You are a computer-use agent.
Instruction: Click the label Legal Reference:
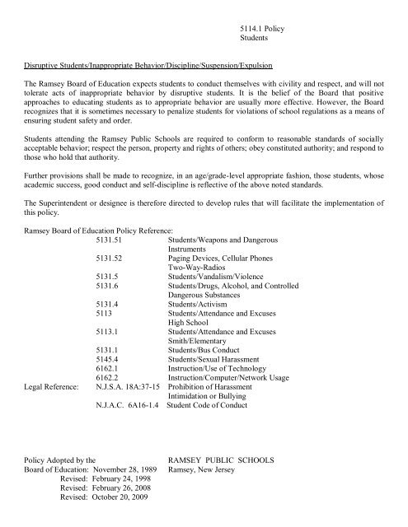tap(53, 416)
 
